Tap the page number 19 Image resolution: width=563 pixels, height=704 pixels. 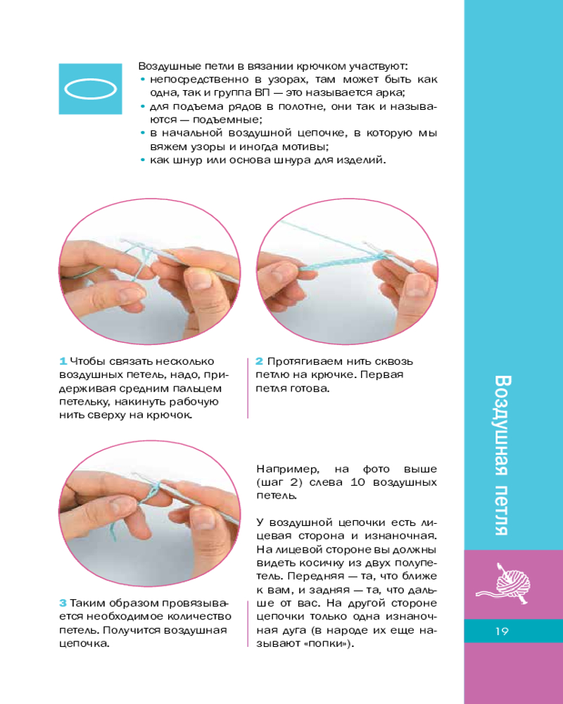click(x=502, y=631)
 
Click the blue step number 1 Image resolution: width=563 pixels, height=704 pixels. click(x=63, y=361)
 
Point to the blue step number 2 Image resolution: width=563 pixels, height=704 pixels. click(x=259, y=361)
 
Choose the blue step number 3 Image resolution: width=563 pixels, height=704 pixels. click(x=63, y=603)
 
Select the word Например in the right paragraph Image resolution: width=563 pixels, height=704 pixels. click(x=288, y=470)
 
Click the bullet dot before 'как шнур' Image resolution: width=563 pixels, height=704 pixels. click(x=143, y=160)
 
